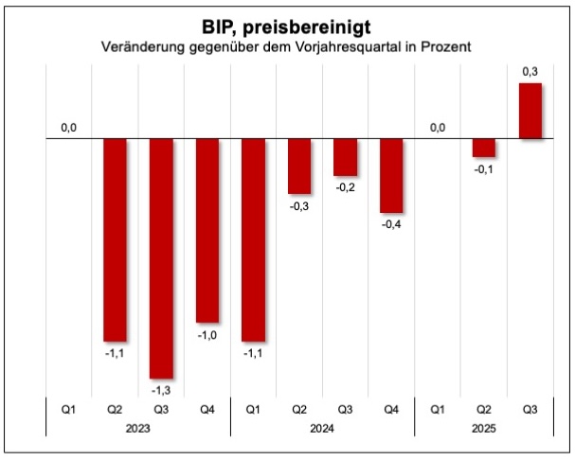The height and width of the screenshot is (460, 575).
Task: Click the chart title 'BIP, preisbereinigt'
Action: pos(288,26)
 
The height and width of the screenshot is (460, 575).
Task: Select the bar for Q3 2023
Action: pos(161,258)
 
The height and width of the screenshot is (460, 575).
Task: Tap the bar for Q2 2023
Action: pos(115,239)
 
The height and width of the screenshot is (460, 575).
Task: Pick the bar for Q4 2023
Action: pos(207,231)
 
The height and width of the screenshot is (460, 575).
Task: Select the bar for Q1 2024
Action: pos(253,239)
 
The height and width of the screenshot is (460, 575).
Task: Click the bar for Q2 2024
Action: pos(299,167)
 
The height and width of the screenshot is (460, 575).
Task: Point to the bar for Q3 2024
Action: pos(345,157)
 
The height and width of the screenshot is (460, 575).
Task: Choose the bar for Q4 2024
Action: pos(391,176)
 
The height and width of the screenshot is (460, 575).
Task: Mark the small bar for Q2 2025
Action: pos(483,148)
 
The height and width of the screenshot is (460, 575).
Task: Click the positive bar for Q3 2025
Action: pos(530,111)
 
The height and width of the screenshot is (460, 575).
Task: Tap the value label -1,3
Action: pos(161,390)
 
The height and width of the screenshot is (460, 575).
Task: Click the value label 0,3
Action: pos(530,71)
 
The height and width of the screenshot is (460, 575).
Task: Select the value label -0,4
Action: pos(391,224)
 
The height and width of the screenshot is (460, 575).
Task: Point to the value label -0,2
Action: pos(345,187)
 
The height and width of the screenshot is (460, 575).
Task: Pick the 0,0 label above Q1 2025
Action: pos(437,127)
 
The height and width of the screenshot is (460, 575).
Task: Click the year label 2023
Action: pos(138,428)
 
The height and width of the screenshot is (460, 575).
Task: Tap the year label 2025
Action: pos(483,428)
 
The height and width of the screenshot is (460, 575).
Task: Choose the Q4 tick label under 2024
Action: pos(391,410)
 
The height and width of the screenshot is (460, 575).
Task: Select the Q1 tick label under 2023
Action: pos(69,410)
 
